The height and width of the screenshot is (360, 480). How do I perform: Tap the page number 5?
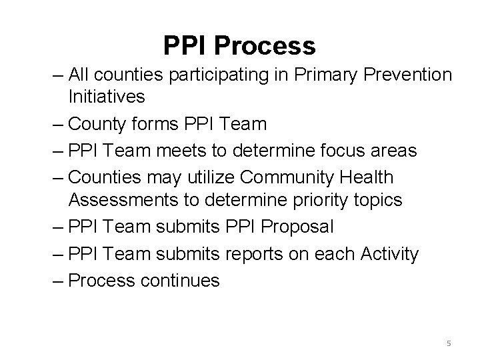click(x=449, y=343)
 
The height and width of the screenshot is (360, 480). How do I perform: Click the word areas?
click(x=392, y=151)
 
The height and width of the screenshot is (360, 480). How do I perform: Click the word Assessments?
click(x=125, y=200)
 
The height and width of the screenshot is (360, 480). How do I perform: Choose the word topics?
click(x=379, y=200)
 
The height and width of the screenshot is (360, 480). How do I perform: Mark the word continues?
click(x=179, y=281)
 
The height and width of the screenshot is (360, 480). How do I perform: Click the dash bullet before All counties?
click(x=59, y=76)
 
